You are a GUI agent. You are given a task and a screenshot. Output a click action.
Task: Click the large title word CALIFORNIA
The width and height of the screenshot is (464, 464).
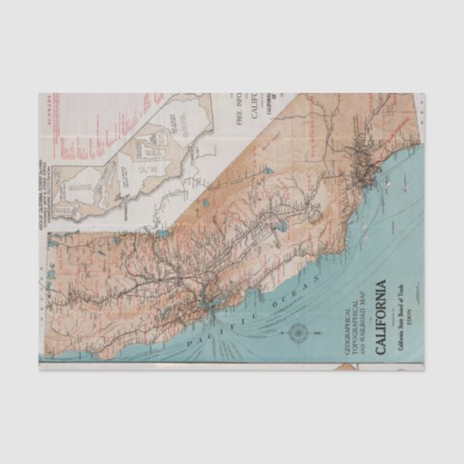click(381, 317)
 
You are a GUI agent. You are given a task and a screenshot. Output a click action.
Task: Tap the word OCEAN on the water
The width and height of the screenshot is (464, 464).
click(286, 291)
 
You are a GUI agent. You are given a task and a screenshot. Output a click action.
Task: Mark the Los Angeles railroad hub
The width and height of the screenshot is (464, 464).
click(361, 179)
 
